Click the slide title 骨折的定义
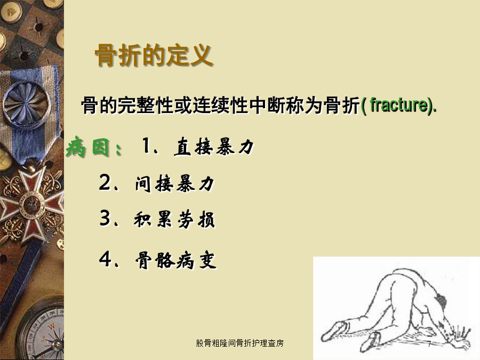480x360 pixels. tap(154, 55)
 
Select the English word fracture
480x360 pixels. tap(399, 105)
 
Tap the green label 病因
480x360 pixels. tap(88, 148)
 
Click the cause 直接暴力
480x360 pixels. tap(214, 147)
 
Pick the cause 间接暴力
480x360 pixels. tap(174, 183)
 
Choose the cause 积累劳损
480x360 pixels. tap(174, 219)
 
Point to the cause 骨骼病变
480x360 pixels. tap(175, 260)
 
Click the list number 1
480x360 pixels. tap(146, 145)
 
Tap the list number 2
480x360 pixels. tap(105, 182)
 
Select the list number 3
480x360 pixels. tap(105, 218)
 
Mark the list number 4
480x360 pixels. tap(106, 259)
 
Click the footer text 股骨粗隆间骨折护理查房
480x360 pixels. tap(239, 343)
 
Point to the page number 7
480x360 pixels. tap(429, 344)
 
